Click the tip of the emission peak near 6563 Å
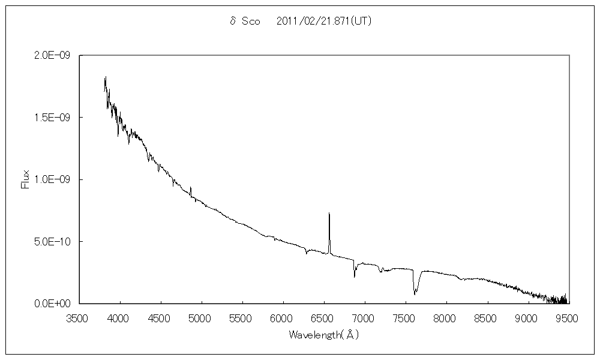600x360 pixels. coord(329,214)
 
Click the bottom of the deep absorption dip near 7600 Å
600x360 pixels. coord(415,293)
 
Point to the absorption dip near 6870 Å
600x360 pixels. coord(354,276)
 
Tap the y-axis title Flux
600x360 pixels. coord(25,179)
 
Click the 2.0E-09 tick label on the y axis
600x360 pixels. coord(53,55)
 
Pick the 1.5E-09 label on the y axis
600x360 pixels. coord(53,118)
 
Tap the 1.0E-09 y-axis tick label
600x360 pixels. coord(53,179)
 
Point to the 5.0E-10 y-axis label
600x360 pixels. coord(53,242)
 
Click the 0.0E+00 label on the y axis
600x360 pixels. coord(53,304)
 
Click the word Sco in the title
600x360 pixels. coord(250,21)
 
